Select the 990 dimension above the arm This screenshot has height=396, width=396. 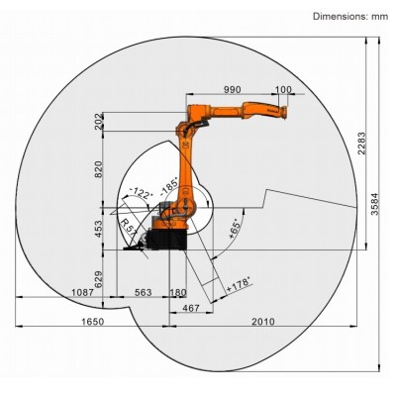pos(234,90)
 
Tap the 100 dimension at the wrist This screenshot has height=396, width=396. pos(285,90)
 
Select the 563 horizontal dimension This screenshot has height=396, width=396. pos(144,292)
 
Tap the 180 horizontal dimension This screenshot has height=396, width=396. pos(178,292)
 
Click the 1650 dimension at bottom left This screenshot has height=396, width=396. pos(92,324)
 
